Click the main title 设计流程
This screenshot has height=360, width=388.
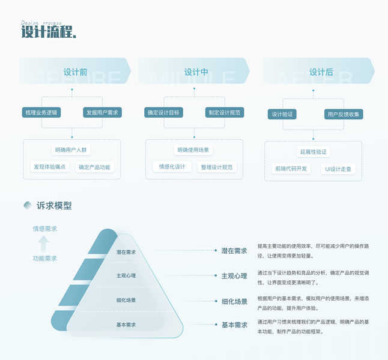(x=48, y=32)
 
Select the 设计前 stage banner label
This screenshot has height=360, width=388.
(x=75, y=72)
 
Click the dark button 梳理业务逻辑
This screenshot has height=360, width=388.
(x=40, y=112)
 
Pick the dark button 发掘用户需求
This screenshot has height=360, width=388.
(x=102, y=112)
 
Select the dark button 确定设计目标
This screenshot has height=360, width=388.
(x=164, y=112)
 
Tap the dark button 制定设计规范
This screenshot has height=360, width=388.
(x=225, y=112)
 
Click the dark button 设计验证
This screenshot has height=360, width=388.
(x=282, y=114)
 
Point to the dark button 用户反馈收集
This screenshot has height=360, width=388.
(x=344, y=114)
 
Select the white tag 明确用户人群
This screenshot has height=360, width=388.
(x=72, y=150)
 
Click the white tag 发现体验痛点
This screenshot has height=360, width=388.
(x=50, y=167)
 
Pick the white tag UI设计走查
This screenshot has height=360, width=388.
(x=338, y=169)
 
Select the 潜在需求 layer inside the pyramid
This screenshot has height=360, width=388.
(x=126, y=252)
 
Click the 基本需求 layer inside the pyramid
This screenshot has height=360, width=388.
(x=126, y=325)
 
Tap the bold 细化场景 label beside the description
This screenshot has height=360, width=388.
(x=234, y=301)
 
